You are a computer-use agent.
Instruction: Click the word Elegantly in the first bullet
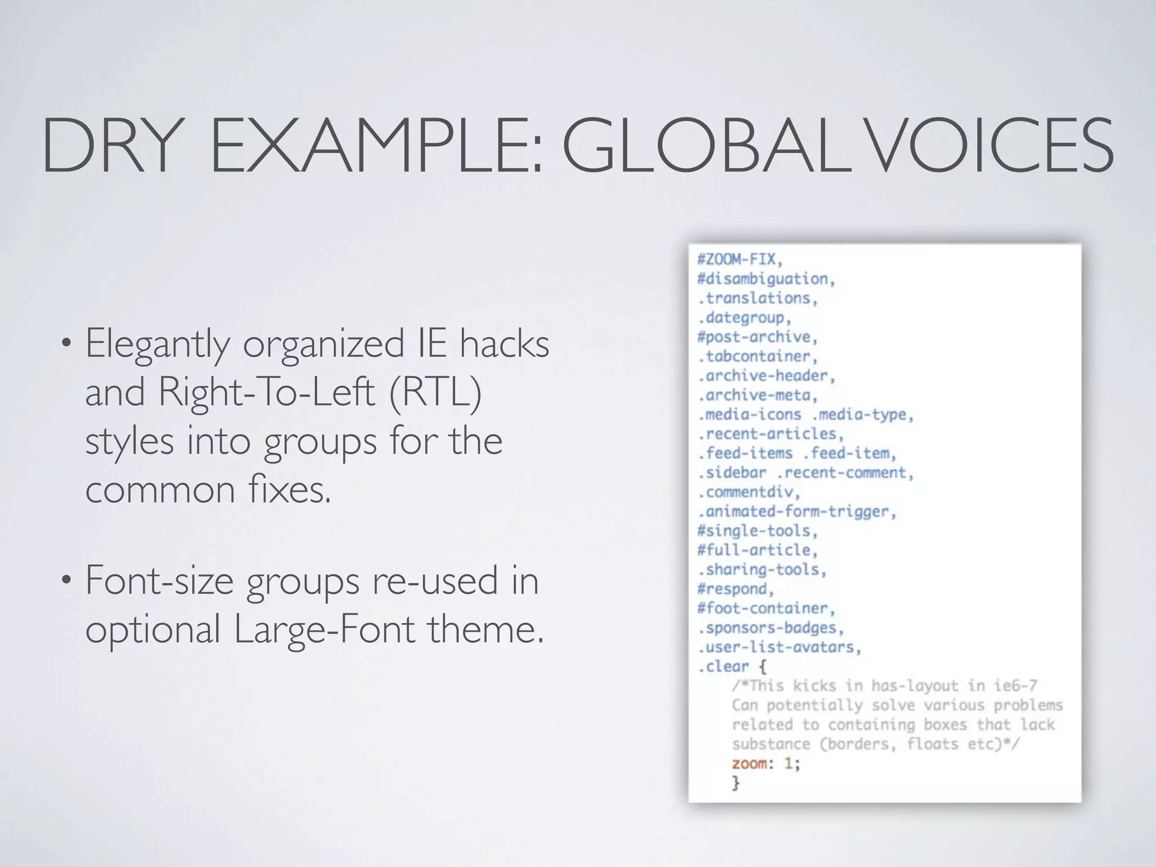(157, 344)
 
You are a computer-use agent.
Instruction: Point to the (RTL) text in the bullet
(435, 392)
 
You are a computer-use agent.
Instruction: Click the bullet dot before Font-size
(67, 580)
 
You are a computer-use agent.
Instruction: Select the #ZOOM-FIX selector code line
(740, 259)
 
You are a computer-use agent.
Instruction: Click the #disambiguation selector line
(765, 279)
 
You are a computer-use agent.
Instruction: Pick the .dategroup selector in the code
(745, 318)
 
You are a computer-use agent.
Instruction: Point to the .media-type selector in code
(862, 414)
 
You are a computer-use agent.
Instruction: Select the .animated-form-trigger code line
(796, 511)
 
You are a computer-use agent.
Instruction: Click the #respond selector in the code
(735, 589)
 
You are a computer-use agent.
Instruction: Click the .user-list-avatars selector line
(779, 647)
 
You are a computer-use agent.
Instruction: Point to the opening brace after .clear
(763, 667)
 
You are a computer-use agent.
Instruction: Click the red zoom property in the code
(750, 764)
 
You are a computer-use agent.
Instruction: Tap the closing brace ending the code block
(735, 783)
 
